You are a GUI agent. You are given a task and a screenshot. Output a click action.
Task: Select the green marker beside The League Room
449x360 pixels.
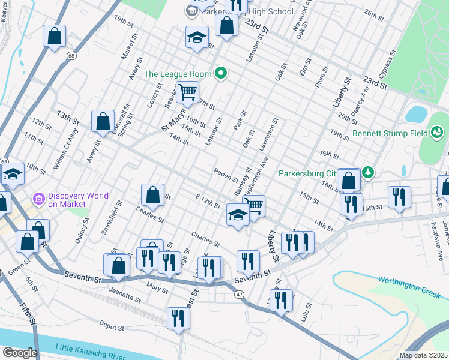pos(221,74)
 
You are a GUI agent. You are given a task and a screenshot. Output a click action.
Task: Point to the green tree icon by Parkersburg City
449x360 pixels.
pos(369,173)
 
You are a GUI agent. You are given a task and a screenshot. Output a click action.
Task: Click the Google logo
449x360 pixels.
pos(20,352)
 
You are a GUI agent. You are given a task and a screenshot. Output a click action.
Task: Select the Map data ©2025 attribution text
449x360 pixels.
pos(423,355)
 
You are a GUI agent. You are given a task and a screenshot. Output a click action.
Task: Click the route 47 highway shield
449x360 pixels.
pos(239,294)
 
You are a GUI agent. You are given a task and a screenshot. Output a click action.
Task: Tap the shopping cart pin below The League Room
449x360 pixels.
pos(188,92)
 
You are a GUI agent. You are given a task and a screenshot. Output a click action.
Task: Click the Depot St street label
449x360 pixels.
pos(111,328)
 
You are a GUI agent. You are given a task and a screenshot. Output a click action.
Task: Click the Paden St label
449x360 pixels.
pos(226,173)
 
